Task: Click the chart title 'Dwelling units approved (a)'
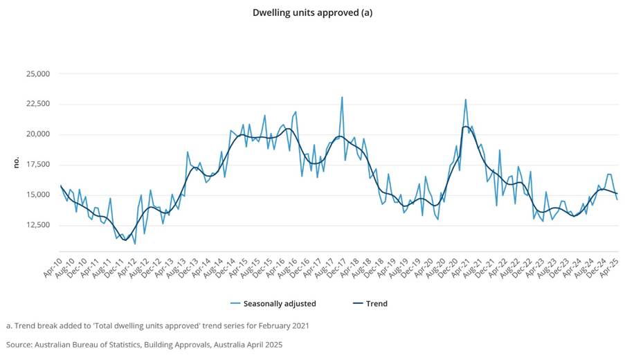pos(312,12)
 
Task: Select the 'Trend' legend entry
pos(377,303)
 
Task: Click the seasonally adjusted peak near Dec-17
pos(342,97)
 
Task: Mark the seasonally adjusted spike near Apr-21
pos(466,99)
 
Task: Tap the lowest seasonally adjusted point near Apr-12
pos(135,244)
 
